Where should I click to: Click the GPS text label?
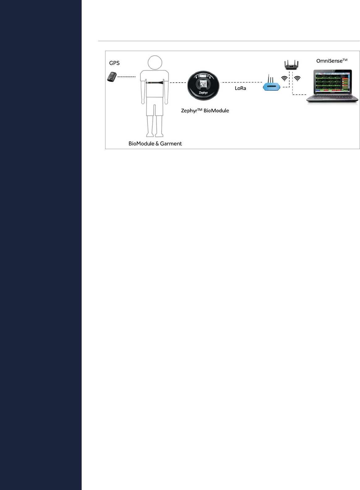tap(114, 63)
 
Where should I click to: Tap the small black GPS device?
tap(112, 77)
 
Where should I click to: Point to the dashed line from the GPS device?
tap(126, 77)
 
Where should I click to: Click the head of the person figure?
tap(155, 63)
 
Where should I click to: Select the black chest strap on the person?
tap(154, 82)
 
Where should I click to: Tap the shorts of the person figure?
tap(155, 107)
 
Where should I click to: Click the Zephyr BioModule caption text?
tap(205, 111)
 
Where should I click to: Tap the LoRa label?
tap(240, 88)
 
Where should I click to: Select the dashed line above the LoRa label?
tap(241, 82)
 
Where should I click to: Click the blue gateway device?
tap(272, 87)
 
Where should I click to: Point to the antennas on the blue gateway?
tap(271, 78)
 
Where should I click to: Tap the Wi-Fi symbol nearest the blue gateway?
tap(284, 79)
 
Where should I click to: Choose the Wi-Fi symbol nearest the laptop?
tap(297, 79)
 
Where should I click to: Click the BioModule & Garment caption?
tap(155, 144)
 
